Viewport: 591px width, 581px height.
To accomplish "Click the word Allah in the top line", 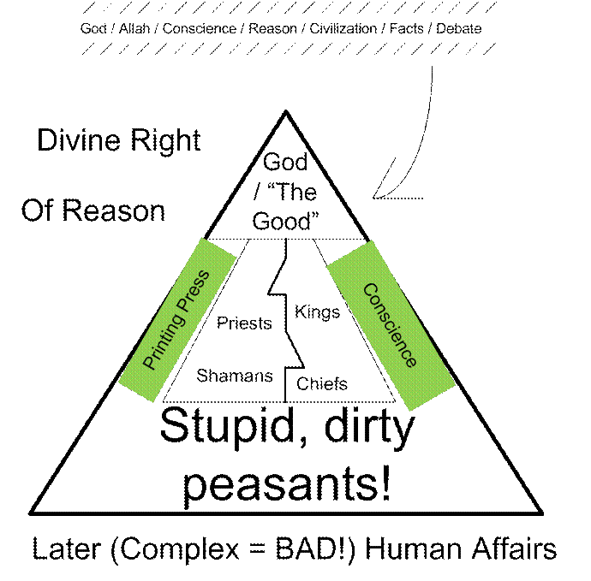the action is point(134,28).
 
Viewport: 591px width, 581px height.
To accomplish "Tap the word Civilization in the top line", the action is point(343,28).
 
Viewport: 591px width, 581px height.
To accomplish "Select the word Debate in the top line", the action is point(459,28).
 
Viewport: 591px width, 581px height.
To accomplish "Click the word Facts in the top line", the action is point(406,28).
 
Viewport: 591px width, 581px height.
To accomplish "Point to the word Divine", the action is point(79,140).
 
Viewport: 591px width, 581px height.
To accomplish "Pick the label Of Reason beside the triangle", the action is point(93,210).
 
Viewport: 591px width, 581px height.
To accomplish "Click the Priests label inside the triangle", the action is point(244,323).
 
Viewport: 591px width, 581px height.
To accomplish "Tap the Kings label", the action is point(317,312).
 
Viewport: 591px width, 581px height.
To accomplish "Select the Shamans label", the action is point(235,376).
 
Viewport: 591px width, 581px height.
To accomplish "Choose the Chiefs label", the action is point(322,384).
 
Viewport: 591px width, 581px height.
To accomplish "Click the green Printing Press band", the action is point(177,320).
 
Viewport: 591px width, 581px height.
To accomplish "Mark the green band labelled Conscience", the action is point(391,325).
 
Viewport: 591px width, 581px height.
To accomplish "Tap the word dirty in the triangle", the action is point(369,428).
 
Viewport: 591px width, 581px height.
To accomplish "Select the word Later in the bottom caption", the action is point(67,549).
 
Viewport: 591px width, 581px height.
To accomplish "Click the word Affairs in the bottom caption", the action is point(514,549).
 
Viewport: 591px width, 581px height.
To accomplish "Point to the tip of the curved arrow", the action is point(373,198).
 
